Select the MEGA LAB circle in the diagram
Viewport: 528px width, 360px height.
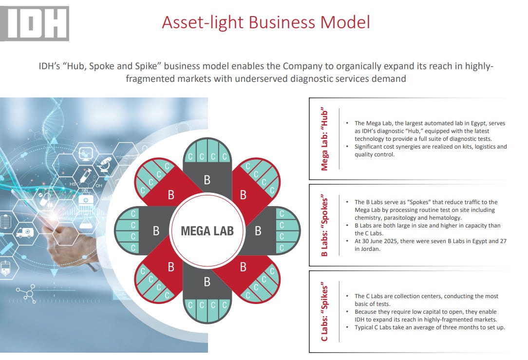(x=207, y=230)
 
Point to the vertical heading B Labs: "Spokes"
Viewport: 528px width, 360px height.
(x=324, y=226)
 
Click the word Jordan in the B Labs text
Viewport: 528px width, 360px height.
(x=369, y=248)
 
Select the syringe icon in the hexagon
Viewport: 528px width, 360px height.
(x=84, y=174)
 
